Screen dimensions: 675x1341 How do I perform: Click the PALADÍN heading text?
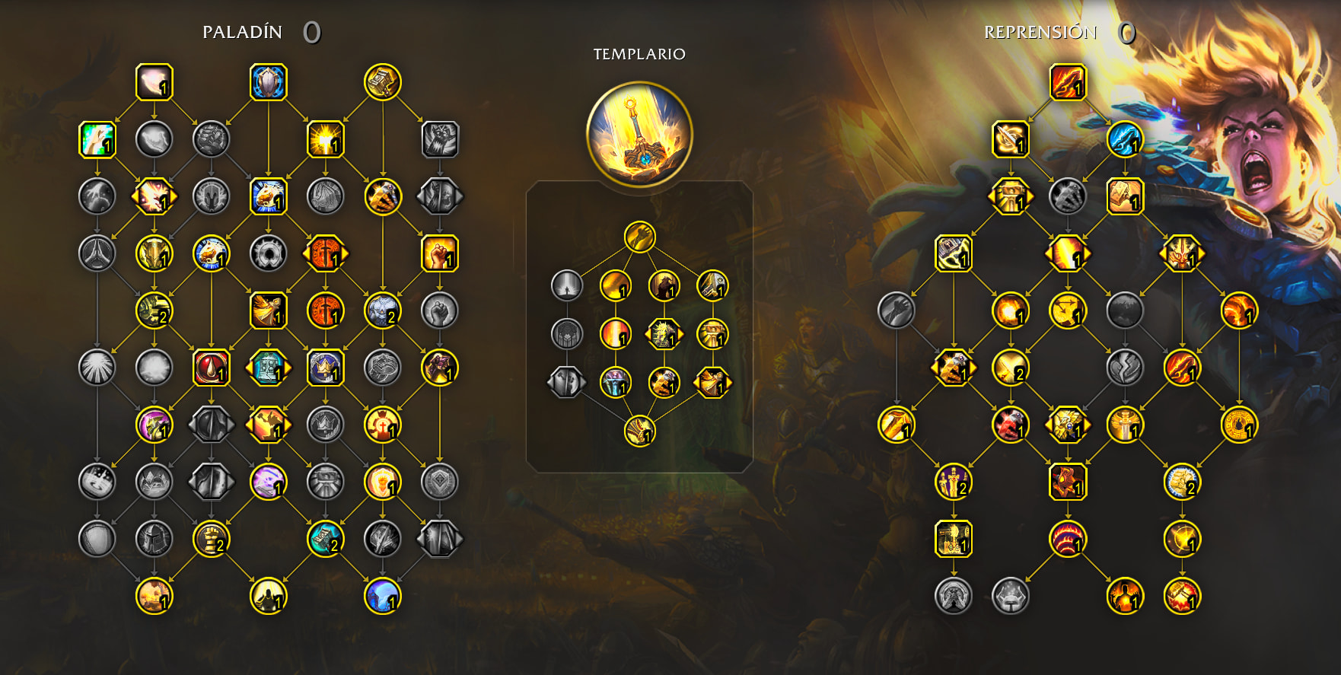coord(242,32)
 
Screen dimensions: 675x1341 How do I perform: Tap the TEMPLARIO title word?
coord(639,54)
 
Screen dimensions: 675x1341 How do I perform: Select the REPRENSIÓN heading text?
coord(1040,32)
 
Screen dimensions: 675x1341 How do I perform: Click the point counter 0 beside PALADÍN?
coord(312,32)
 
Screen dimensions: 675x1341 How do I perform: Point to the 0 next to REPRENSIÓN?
coord(1126,32)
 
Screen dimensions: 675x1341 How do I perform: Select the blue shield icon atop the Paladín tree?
coord(269,82)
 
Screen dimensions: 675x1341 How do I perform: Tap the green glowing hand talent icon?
coord(97,140)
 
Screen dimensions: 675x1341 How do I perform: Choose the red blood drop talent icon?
coord(212,368)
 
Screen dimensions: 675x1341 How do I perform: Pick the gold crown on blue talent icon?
coord(326,368)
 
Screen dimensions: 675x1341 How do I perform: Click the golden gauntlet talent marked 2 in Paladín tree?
coord(212,539)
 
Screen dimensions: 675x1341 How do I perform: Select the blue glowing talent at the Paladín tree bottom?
coord(383,596)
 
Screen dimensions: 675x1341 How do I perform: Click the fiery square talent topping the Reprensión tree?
coord(1068,82)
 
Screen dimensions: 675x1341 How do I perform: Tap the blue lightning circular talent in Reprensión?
coord(1125,140)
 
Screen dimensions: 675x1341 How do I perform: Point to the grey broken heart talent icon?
coord(1125,368)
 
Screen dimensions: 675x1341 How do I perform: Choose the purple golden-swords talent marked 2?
coord(954,482)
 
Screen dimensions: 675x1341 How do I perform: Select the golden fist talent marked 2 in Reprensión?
coord(1182,482)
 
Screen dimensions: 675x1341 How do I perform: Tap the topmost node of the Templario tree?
coord(640,237)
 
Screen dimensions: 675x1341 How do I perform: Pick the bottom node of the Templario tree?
coord(640,431)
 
